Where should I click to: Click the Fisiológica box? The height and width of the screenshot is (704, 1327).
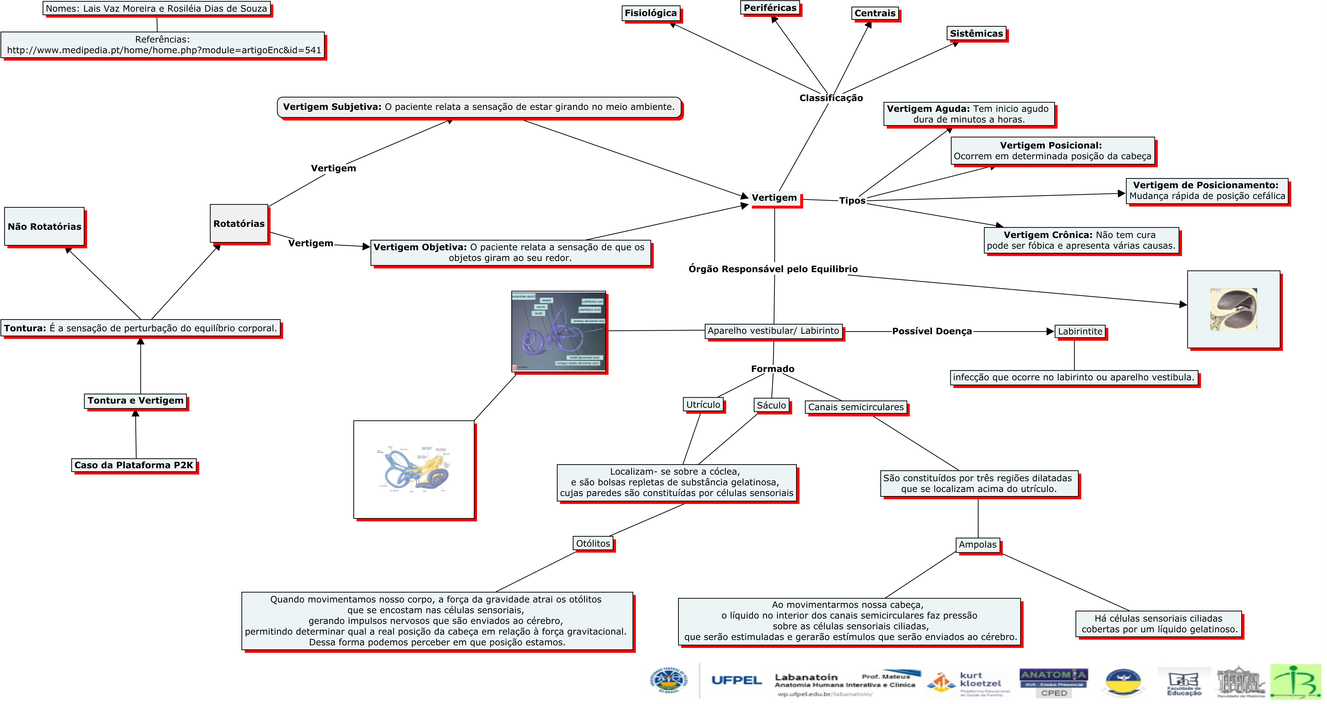coord(651,13)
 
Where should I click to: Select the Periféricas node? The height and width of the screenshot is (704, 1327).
coord(770,8)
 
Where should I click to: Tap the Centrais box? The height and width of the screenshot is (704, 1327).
coord(875,13)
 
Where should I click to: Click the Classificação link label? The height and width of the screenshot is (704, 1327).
coord(831,98)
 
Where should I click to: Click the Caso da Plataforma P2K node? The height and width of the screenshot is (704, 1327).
coord(134,465)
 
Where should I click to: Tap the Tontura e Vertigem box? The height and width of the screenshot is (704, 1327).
coord(135,401)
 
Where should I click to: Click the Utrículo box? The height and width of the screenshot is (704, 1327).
coord(703,405)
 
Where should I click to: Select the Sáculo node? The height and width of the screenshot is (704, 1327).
coord(771,405)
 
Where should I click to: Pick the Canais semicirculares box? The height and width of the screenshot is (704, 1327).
coord(856,407)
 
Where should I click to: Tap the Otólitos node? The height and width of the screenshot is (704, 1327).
coord(593,543)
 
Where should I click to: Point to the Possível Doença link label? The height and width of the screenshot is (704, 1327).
coord(932,331)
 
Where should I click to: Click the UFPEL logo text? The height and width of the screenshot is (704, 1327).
coord(736,680)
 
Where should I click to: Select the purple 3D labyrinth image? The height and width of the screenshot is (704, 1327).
coord(558,331)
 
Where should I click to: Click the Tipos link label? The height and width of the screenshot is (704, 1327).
coord(852,200)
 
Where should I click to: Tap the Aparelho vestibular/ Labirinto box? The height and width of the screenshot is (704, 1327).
coord(773,331)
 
